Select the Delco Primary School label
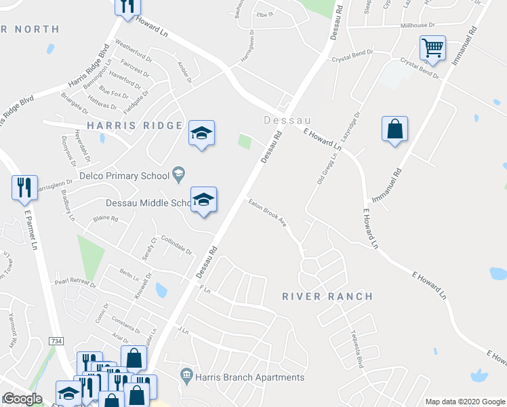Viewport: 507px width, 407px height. point(124,176)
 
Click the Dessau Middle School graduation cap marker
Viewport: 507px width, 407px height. point(203,201)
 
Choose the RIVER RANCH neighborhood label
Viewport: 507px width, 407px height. point(327,296)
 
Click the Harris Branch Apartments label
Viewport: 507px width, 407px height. point(249,377)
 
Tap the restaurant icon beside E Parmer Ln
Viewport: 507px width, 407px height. point(25,187)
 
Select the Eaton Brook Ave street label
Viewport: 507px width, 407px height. point(267,212)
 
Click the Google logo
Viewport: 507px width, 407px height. point(22,399)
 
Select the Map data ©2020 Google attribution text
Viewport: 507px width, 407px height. point(465,402)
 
